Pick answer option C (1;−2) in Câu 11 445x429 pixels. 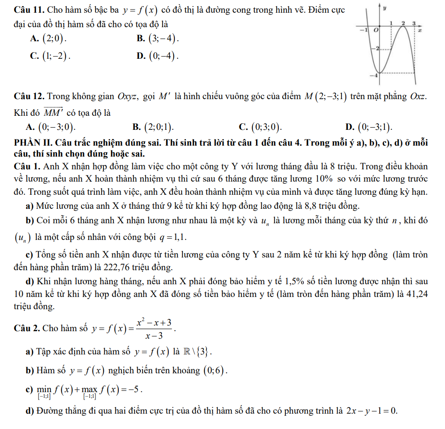tap(50, 55)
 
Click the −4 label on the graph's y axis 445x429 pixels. tap(373, 75)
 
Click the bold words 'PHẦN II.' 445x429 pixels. tap(31, 143)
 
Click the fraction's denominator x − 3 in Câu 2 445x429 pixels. tap(153, 336)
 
